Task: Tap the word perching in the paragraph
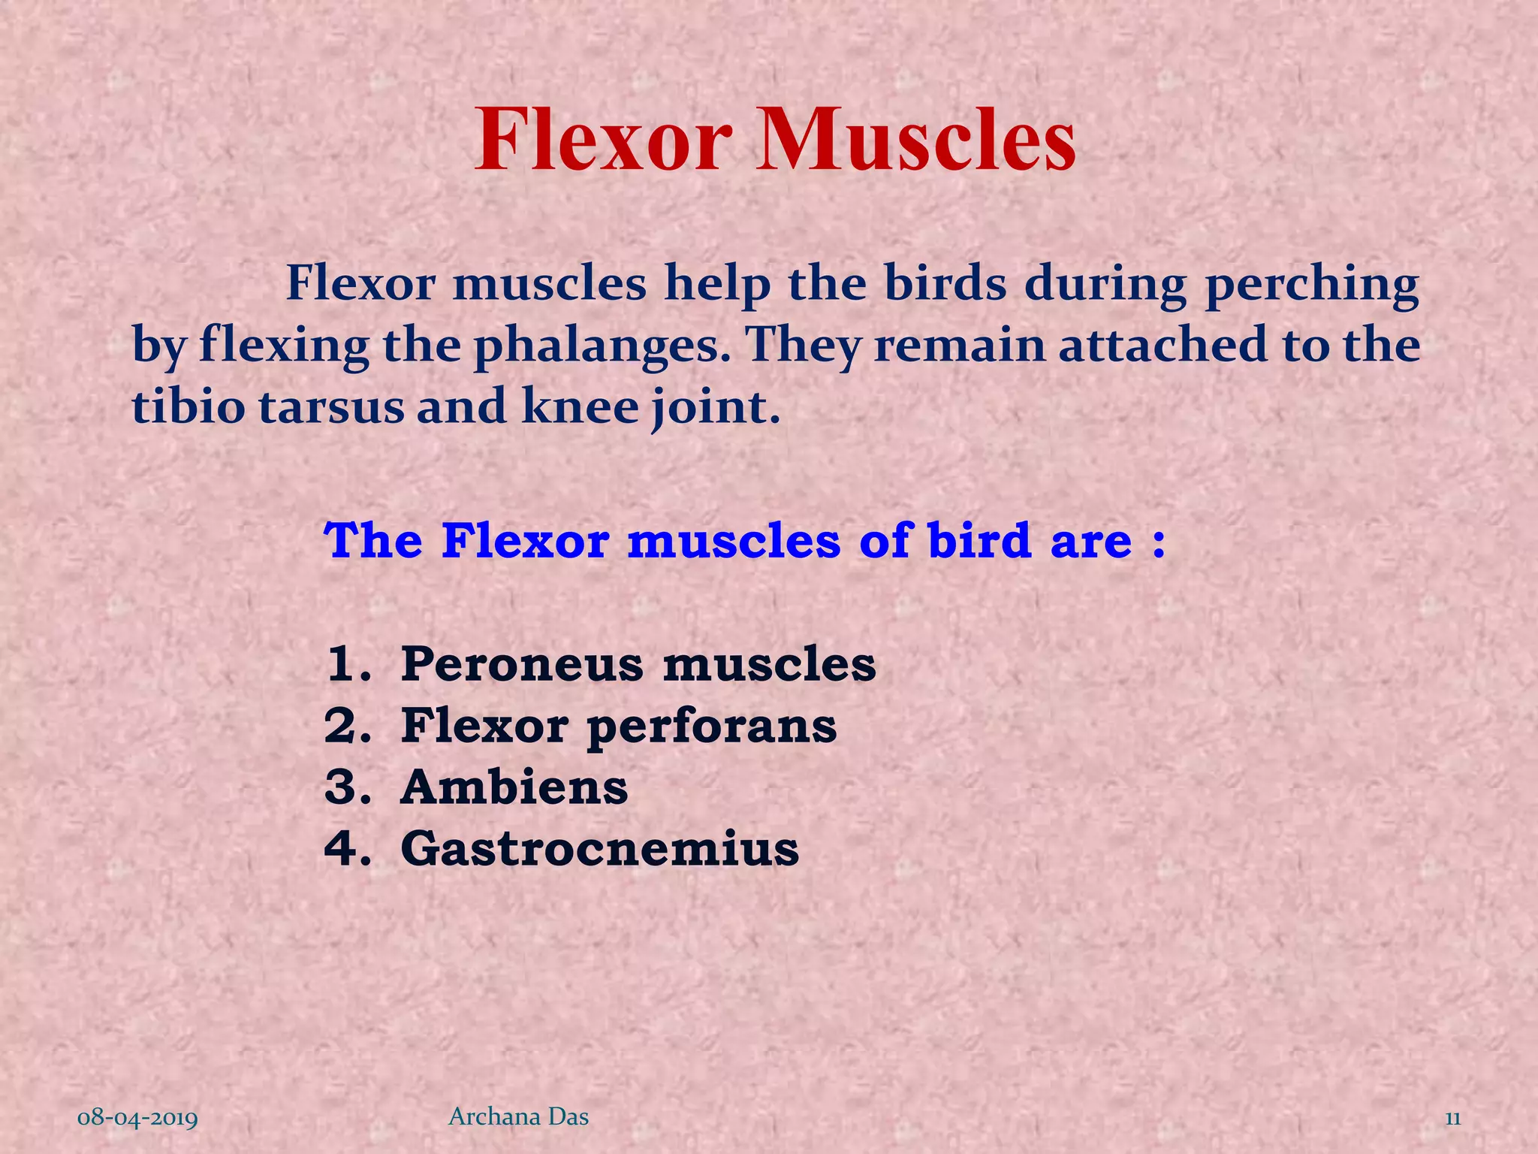tap(1312, 285)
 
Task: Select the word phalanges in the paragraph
tap(601, 346)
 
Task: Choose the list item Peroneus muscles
tap(638, 664)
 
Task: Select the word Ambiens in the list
tap(514, 787)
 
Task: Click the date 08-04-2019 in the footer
tap(138, 1119)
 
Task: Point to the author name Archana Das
tap(518, 1117)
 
